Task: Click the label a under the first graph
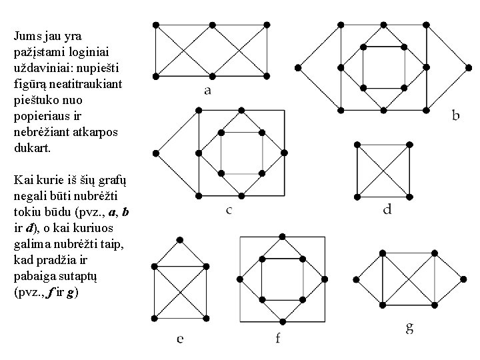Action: pos(208,91)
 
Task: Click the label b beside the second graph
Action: pos(455,115)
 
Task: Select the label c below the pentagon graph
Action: pos(229,211)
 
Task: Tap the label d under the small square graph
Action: pos(387,210)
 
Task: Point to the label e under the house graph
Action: pos(181,339)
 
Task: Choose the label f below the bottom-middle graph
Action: pos(278,339)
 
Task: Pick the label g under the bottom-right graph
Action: pos(409,327)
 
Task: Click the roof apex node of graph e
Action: pos(179,239)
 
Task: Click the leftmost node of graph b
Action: pos(297,67)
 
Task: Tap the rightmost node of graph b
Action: pos(468,67)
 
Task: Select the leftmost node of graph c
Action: pos(155,153)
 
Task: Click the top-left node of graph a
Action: pos(155,25)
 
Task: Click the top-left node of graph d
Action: pos(358,144)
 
